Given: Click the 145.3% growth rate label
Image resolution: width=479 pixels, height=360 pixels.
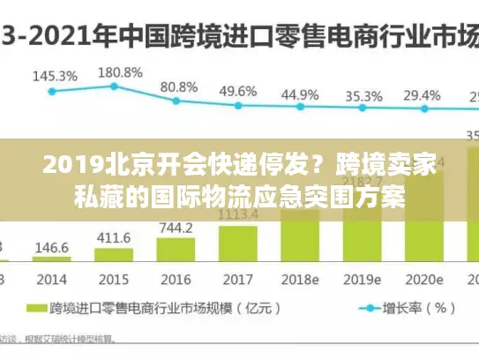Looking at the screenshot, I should (54, 76).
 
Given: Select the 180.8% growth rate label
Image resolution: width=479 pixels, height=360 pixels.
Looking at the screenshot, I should (119, 71).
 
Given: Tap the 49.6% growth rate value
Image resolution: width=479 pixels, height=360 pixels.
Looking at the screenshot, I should (238, 91).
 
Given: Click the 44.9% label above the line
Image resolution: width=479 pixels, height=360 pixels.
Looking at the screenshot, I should (301, 94).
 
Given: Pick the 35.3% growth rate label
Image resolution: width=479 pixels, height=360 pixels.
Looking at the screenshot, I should (363, 95).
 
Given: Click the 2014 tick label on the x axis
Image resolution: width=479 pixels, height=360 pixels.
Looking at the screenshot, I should (52, 279).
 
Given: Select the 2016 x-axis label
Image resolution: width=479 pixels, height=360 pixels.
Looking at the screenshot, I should (176, 279).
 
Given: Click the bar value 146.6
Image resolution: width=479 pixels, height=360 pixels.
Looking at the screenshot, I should (53, 249).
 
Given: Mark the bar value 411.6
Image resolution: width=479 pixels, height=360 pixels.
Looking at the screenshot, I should (114, 238).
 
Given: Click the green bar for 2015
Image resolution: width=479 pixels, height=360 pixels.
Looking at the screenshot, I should (113, 255).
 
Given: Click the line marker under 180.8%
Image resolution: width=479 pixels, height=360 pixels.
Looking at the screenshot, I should (114, 86).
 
